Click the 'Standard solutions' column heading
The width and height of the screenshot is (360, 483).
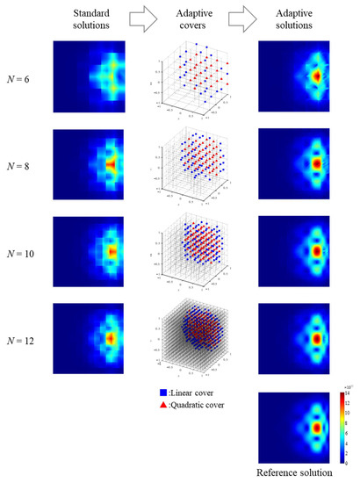tap(88, 18)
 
